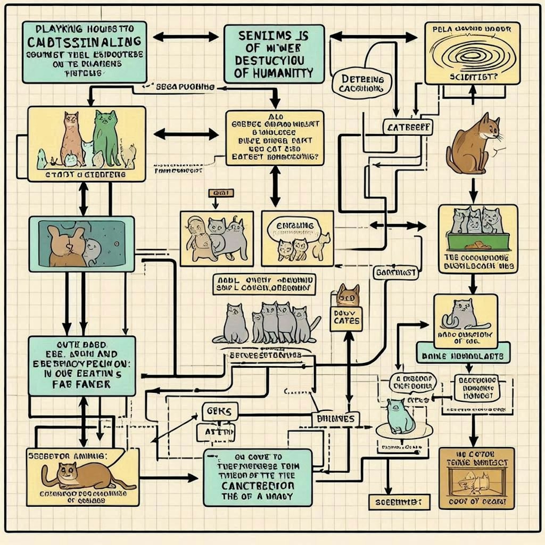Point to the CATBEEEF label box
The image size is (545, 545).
(407, 127)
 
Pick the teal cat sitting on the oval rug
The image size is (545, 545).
(400, 416)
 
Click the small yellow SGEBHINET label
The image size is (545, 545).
(399, 501)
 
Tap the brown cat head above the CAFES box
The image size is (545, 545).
(349, 294)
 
